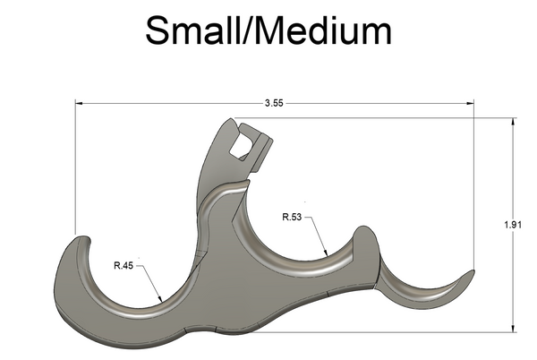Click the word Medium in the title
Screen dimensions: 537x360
pos(322,30)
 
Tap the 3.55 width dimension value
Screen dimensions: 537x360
pos(274,103)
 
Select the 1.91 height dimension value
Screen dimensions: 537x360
pos(513,225)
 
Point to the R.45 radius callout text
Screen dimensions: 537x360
pos(124,265)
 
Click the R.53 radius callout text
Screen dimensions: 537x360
pos(292,217)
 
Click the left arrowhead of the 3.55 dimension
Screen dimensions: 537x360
pos(79,103)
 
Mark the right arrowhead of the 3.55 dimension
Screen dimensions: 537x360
pos(470,103)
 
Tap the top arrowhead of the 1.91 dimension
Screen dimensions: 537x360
pos(513,122)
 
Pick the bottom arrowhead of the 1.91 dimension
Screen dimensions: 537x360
pos(513,328)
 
